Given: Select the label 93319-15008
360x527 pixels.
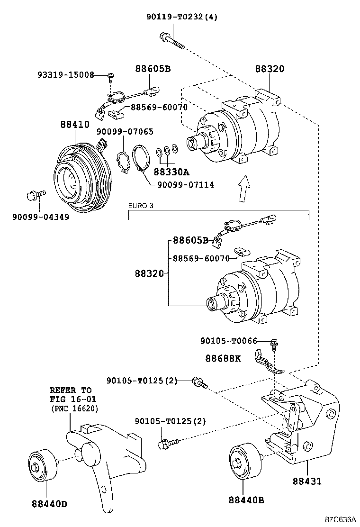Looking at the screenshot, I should tap(66, 75).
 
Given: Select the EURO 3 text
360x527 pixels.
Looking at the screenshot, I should tap(141, 206).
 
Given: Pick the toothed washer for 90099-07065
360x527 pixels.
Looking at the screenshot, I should tap(123, 162).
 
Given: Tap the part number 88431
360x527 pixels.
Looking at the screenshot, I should tap(307, 482).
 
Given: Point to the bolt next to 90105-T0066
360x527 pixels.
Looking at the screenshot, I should tap(274, 342).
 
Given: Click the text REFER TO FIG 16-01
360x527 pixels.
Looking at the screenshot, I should tap(71, 394).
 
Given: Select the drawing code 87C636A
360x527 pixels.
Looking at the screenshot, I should tap(340, 519).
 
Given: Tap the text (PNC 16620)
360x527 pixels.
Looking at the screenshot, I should tap(74, 409).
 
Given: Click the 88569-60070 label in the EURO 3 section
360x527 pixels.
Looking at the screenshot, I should tap(201, 258).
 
